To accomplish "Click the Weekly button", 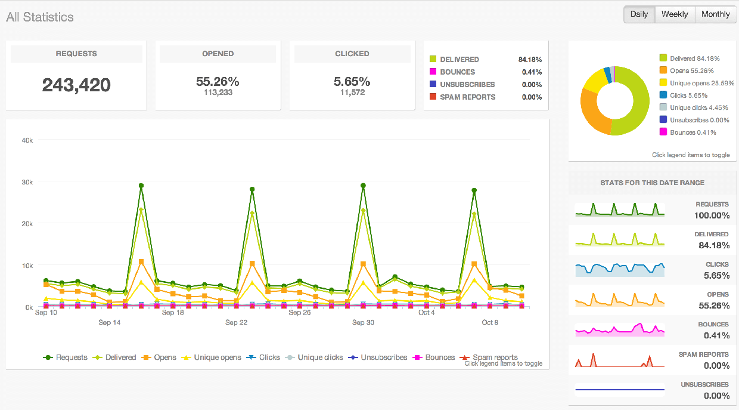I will [x=675, y=14].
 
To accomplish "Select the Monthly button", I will [x=715, y=14].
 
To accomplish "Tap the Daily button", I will [x=639, y=14].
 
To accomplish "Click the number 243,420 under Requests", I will [x=76, y=85].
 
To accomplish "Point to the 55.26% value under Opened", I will [x=218, y=81].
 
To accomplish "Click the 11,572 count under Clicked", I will [x=352, y=93].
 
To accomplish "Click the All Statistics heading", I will [x=40, y=17].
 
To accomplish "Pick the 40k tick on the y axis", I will [x=27, y=140].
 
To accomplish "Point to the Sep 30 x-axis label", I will [x=363, y=322].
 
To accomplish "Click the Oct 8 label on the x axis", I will [x=490, y=322].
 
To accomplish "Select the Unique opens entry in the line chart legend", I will [x=213, y=357].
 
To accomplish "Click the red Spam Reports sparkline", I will [x=620, y=361].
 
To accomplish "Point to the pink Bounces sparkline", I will [x=620, y=330].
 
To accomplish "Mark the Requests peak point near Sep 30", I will [x=363, y=186].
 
